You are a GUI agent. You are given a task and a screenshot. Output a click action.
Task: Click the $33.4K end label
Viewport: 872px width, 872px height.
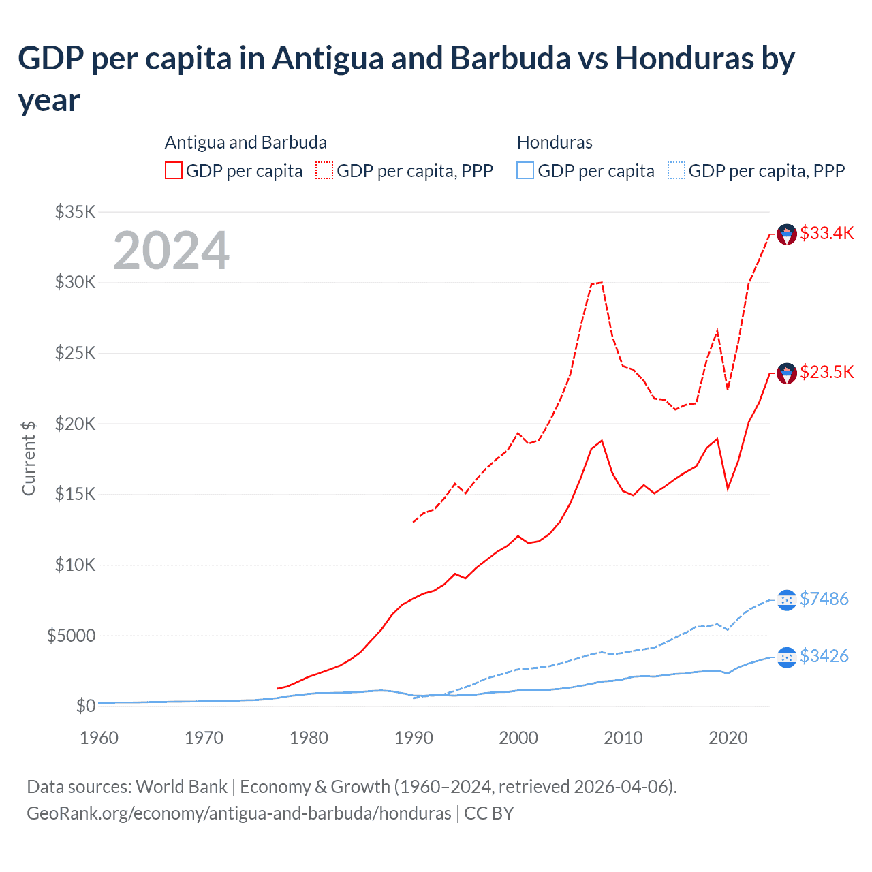point(826,233)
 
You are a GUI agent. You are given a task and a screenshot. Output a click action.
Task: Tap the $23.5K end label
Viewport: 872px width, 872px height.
point(826,372)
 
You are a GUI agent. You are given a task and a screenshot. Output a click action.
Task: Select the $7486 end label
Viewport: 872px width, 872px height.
point(824,599)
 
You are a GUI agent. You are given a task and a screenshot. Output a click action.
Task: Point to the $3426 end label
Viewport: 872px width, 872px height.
point(824,656)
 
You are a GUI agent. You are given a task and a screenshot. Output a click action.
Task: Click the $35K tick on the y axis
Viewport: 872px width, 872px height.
point(75,212)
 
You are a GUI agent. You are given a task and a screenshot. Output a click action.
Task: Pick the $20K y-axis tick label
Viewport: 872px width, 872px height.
point(75,424)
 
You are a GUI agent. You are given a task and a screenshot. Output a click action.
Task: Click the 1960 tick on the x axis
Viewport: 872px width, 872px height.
point(99,738)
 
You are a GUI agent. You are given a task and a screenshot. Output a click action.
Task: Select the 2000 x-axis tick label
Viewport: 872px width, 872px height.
point(518,738)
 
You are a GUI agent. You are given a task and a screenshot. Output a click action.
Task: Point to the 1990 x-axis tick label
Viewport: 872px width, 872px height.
point(414,738)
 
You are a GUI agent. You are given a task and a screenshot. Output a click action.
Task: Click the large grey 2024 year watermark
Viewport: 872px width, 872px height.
point(171,251)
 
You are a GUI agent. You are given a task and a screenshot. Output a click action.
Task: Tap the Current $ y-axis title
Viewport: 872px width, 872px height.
point(29,458)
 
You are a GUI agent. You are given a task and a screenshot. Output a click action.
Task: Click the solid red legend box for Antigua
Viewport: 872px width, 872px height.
point(174,170)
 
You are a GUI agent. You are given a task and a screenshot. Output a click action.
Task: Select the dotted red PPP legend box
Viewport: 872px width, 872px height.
point(324,170)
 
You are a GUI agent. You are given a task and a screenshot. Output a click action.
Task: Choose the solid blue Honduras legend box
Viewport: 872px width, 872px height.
point(525,170)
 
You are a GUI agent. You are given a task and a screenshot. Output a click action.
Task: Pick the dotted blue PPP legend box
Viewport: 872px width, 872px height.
point(676,170)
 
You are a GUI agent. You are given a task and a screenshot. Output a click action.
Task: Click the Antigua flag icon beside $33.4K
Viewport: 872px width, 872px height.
point(787,234)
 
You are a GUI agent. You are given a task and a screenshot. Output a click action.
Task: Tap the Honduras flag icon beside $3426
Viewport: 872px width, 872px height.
point(787,657)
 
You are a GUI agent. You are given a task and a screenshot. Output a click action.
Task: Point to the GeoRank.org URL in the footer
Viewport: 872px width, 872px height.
point(239,813)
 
